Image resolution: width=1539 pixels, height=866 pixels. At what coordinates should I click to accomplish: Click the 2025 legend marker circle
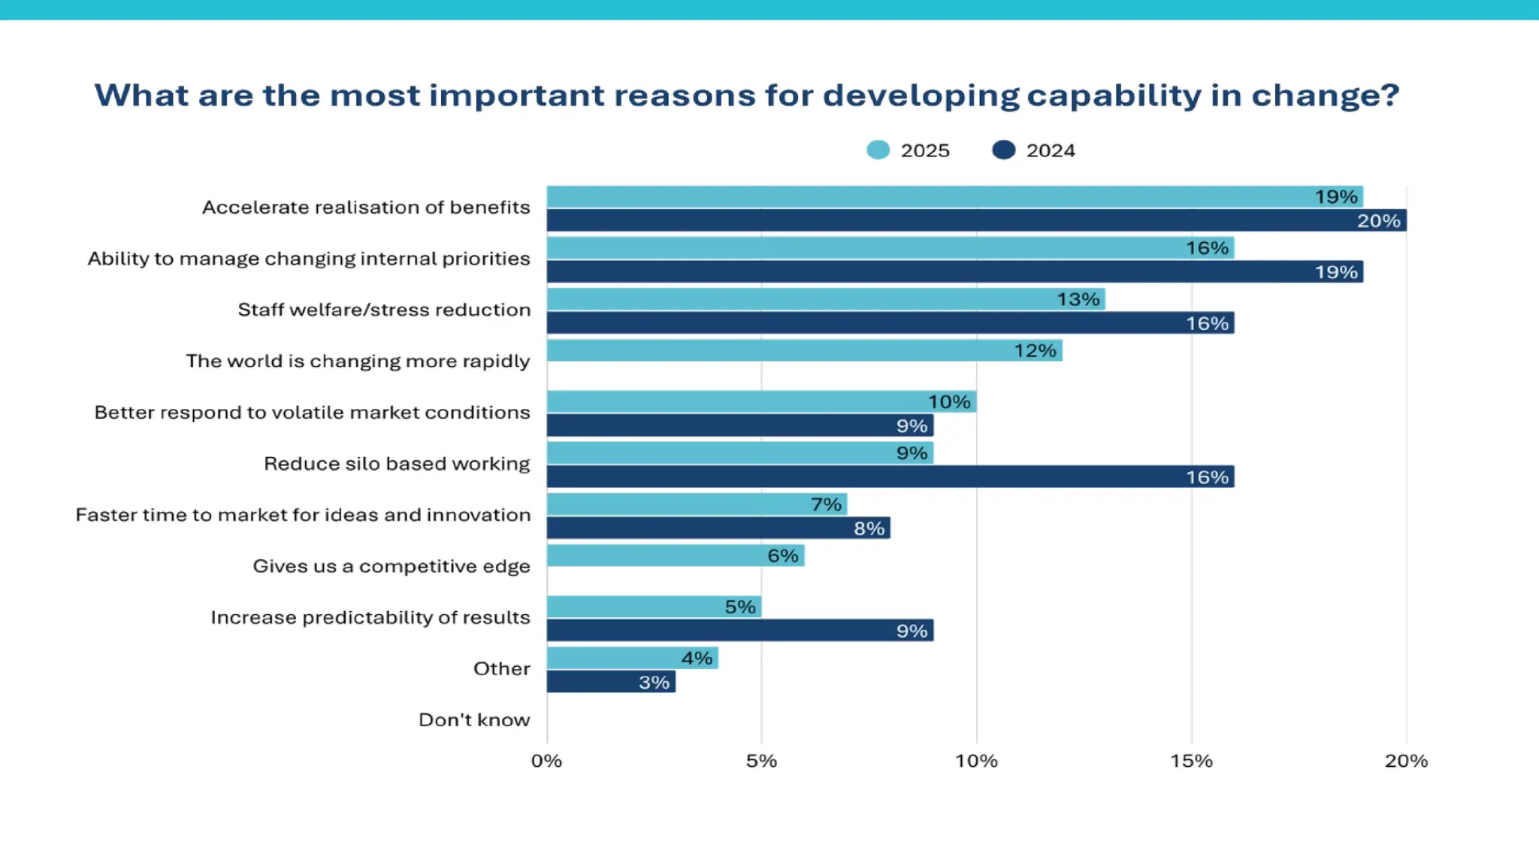point(878,150)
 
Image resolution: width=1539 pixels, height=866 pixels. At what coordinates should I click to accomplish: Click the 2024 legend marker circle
point(1003,150)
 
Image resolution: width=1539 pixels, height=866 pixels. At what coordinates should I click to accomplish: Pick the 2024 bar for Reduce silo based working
point(890,477)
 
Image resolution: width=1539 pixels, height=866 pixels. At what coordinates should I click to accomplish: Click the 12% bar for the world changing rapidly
point(804,350)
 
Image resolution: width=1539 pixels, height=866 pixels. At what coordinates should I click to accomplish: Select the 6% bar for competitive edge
point(675,556)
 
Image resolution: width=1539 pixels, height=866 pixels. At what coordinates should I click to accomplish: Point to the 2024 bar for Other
point(610,682)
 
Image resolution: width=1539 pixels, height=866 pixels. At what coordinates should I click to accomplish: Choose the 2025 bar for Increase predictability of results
point(654,607)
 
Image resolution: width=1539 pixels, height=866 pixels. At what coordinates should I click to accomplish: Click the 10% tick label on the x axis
point(976,761)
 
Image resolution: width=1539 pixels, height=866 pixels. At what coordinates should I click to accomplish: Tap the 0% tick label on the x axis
point(546,761)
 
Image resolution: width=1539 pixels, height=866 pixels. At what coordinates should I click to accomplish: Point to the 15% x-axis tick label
point(1191,761)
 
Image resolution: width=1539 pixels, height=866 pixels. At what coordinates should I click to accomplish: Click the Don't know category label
point(474,720)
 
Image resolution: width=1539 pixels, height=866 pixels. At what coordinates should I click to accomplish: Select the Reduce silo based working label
point(397,464)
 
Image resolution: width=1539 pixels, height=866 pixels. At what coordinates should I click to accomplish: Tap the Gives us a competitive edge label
point(391,566)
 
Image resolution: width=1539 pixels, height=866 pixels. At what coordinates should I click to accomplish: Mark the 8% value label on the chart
point(869,528)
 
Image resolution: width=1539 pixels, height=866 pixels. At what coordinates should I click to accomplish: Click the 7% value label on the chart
point(826,504)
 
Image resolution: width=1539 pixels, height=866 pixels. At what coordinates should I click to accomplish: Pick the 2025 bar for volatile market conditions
point(760,401)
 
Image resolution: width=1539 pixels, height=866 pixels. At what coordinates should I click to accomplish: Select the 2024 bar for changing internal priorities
point(954,271)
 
